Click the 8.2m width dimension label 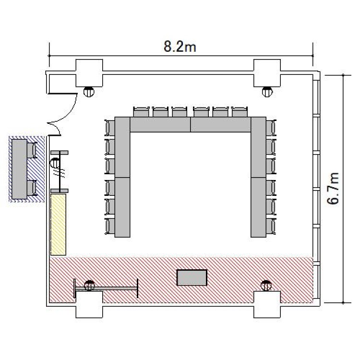pyautogui.click(x=180, y=47)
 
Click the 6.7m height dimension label pyautogui.click(x=333, y=188)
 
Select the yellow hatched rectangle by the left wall pyautogui.click(x=58, y=224)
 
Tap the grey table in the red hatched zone pyautogui.click(x=192, y=277)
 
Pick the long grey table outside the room pyautogui.click(x=20, y=169)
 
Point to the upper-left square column pyautogui.click(x=89, y=73)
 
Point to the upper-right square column pyautogui.click(x=267, y=73)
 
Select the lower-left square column pyautogui.click(x=89, y=304)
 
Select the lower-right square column pyautogui.click(x=267, y=304)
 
